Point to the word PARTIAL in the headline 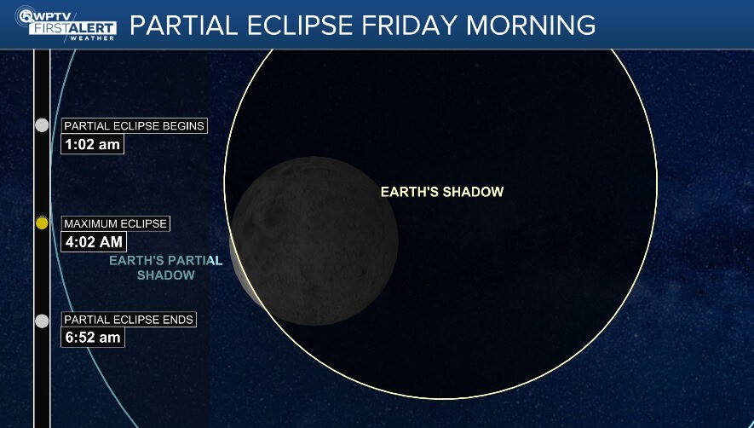pos(183,25)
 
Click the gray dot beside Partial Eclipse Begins pos(42,125)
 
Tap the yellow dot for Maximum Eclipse pos(42,223)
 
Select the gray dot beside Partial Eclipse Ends pos(42,321)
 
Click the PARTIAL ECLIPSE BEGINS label pos(135,126)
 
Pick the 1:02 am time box pos(93,144)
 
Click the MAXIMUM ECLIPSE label pos(116,223)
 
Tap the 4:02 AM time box pos(95,242)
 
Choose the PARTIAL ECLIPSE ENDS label pos(129,320)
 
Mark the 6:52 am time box pos(93,338)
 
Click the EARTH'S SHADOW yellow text pos(442,192)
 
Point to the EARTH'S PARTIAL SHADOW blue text pos(165,268)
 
